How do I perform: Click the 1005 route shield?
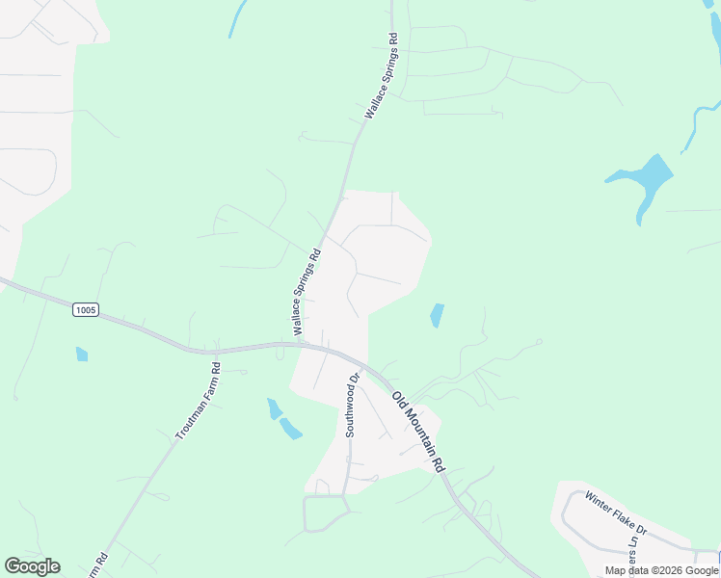(x=85, y=309)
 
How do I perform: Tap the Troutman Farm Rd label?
(x=199, y=401)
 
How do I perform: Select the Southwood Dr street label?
(x=351, y=406)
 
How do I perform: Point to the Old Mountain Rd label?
(x=418, y=432)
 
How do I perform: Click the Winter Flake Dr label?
(x=616, y=515)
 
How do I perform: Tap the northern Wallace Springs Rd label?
(x=381, y=76)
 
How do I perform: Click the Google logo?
(x=32, y=566)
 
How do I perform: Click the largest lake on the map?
(x=641, y=179)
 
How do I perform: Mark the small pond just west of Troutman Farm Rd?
(x=82, y=355)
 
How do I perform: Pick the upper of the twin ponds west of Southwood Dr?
(x=275, y=408)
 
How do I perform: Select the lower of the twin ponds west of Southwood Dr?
(x=290, y=429)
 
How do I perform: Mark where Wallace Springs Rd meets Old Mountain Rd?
(x=301, y=343)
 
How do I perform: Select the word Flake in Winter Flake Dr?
(x=622, y=518)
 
